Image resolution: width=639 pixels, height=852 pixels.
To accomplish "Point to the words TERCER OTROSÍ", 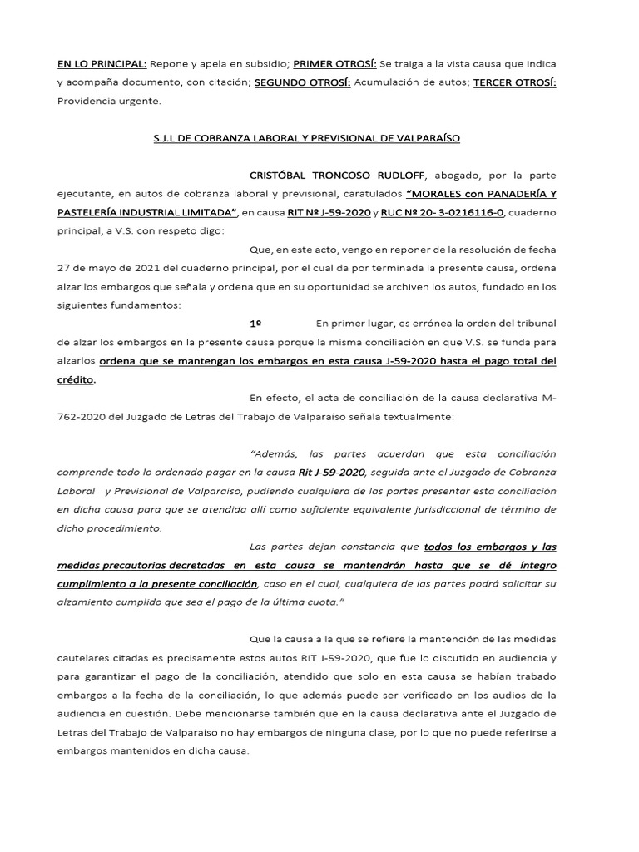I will coord(514,82).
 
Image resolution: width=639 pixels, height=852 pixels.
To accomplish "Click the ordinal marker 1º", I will coord(257,323).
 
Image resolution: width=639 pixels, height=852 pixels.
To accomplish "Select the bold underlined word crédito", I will coord(76,379).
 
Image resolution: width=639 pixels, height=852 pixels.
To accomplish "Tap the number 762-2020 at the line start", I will coord(80,415).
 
